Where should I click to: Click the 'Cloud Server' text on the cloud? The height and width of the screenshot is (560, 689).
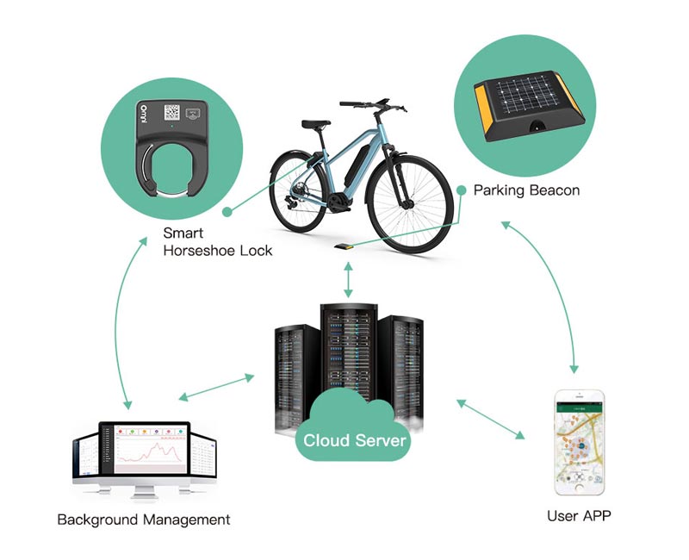click(355, 440)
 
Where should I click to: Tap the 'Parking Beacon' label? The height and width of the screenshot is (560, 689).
click(526, 190)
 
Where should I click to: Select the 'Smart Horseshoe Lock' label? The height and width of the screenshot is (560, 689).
click(217, 241)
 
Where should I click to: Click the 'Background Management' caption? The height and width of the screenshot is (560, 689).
click(144, 520)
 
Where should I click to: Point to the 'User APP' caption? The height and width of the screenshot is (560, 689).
click(579, 516)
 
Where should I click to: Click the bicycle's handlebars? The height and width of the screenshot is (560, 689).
click(373, 106)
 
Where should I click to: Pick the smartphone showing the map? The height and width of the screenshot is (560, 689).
click(579, 443)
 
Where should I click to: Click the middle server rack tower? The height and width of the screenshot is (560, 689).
click(349, 362)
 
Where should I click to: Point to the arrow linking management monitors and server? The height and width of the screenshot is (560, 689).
click(216, 387)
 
